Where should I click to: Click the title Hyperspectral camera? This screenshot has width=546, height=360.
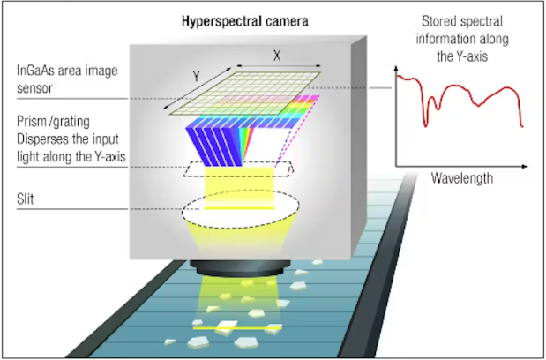pyautogui.click(x=245, y=21)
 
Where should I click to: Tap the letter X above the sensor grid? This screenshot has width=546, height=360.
pyautogui.click(x=277, y=56)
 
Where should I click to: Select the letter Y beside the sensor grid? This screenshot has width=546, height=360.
pyautogui.click(x=197, y=76)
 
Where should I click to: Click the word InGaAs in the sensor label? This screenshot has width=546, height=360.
pyautogui.click(x=36, y=71)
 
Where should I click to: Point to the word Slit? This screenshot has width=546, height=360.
pyautogui.click(x=25, y=199)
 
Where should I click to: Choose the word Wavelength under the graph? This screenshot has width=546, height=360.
pyautogui.click(x=462, y=178)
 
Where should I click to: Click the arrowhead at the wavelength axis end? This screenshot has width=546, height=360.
pyautogui.click(x=525, y=167)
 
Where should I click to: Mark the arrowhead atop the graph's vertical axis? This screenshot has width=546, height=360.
pyautogui.click(x=396, y=68)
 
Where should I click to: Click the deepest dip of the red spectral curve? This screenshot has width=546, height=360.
pyautogui.click(x=425, y=125)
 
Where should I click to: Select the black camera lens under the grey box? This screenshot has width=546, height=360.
pyautogui.click(x=240, y=268)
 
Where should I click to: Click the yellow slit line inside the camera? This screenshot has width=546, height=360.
pyautogui.click(x=239, y=208)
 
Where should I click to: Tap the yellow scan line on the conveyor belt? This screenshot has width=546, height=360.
pyautogui.click(x=237, y=327)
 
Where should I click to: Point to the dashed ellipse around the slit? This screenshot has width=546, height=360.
pyautogui.click(x=240, y=229)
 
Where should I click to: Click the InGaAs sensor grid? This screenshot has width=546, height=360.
pyautogui.click(x=245, y=94)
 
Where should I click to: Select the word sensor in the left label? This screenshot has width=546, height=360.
pyautogui.click(x=34, y=89)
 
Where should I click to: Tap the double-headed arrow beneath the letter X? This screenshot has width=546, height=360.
pyautogui.click(x=279, y=65)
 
